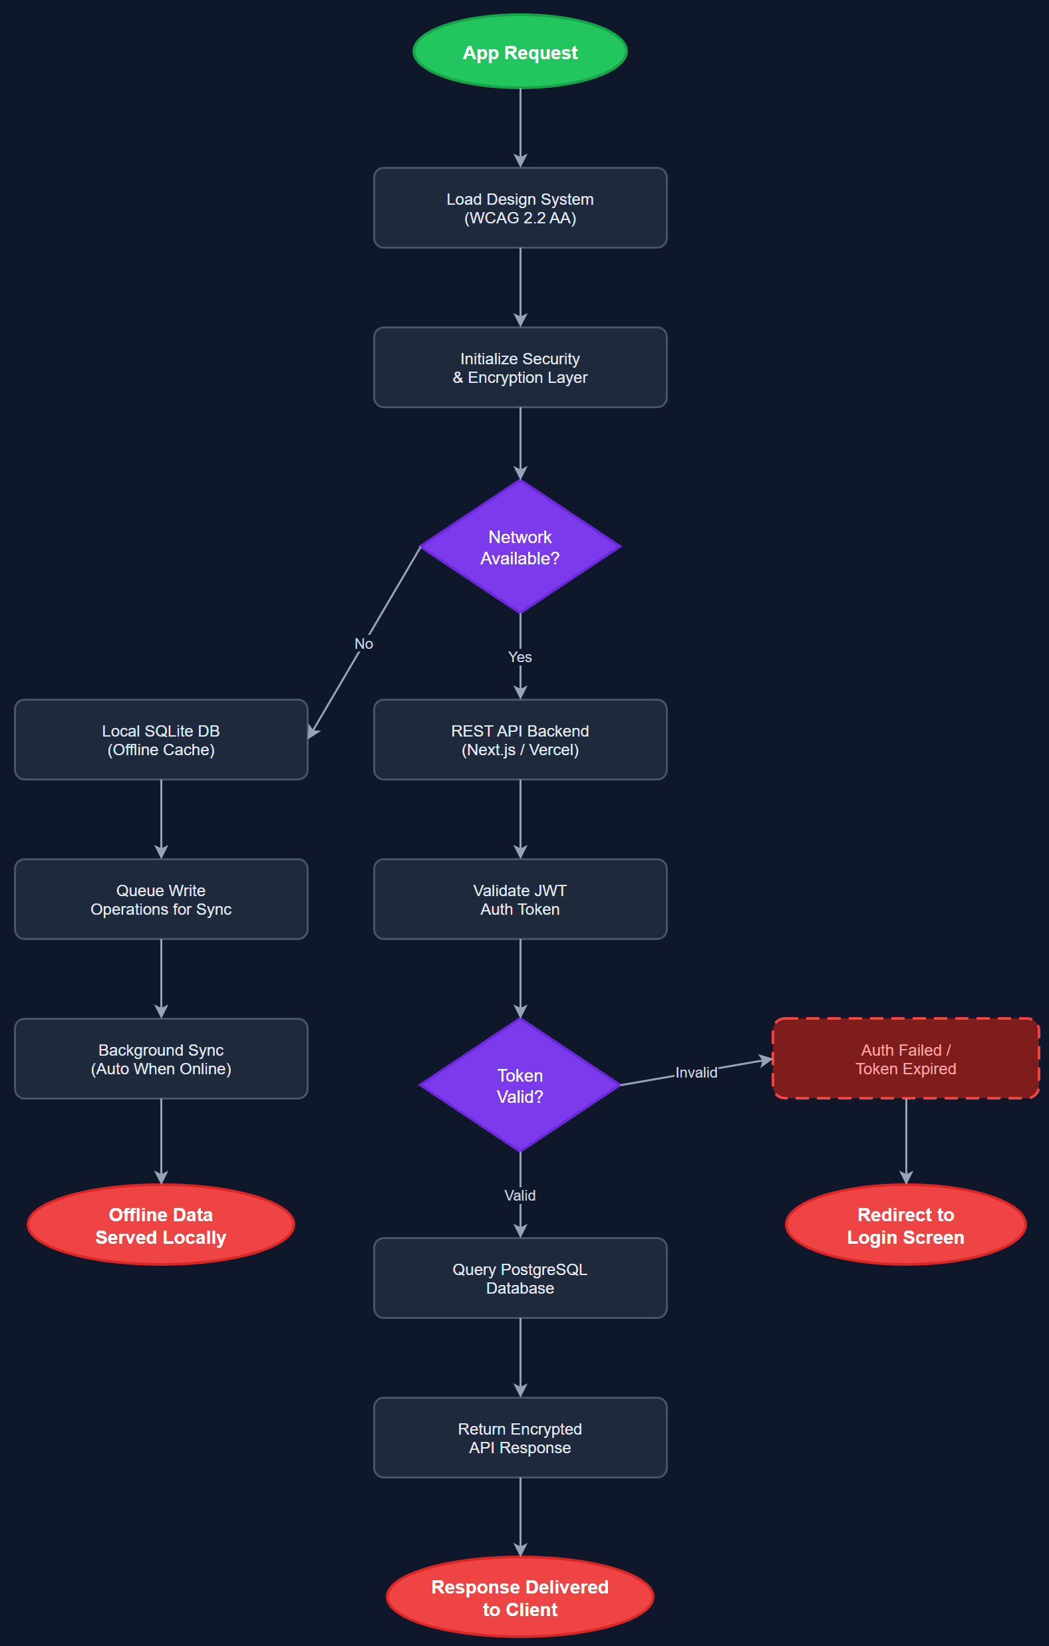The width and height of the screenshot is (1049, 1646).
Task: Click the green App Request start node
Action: click(x=520, y=52)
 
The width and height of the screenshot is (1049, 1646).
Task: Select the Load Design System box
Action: click(x=520, y=208)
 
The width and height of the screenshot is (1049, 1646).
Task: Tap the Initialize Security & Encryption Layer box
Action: click(x=520, y=367)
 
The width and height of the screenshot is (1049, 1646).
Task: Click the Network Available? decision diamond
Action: click(x=520, y=547)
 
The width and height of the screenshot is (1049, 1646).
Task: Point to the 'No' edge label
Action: click(x=363, y=644)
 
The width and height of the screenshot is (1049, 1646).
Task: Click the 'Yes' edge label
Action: click(x=520, y=657)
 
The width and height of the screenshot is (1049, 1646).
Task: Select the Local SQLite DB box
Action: click(x=161, y=740)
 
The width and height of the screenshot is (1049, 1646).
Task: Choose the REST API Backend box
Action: click(x=520, y=740)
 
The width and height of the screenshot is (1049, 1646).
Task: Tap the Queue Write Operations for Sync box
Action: click(x=161, y=899)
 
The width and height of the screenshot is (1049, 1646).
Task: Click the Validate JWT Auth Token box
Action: click(x=520, y=899)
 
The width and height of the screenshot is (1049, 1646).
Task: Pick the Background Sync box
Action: click(x=161, y=1059)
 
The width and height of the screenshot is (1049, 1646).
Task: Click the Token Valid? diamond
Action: click(x=520, y=1085)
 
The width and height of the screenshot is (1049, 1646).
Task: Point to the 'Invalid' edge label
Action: click(x=696, y=1072)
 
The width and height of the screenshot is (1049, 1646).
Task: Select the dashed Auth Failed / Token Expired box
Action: click(x=905, y=1059)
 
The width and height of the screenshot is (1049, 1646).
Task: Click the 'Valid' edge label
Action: click(x=520, y=1195)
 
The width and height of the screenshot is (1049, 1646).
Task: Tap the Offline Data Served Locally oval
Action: click(x=161, y=1225)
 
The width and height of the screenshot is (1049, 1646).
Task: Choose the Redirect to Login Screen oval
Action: click(x=905, y=1225)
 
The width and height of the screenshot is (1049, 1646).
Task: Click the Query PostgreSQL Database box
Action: click(x=520, y=1278)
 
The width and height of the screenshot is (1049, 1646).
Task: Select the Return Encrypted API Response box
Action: click(x=520, y=1437)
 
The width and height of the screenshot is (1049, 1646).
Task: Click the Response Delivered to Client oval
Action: click(x=520, y=1597)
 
